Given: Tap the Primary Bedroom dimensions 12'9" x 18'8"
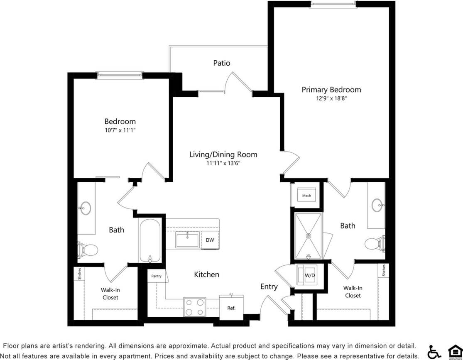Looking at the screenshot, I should click(331, 99).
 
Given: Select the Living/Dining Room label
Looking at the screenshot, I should click(223, 154).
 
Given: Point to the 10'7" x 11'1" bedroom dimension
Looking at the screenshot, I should click(120, 130).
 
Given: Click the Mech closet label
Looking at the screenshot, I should click(306, 196).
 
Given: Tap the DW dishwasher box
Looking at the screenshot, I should click(210, 240).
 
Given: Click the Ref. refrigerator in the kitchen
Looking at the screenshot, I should click(231, 308).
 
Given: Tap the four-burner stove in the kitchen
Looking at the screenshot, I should click(195, 308).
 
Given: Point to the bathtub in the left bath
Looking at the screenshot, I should click(150, 241).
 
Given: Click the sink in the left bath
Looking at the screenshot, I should click(85, 208).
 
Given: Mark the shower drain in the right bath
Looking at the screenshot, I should click(309, 236).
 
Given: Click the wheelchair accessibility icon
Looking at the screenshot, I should click(434, 352).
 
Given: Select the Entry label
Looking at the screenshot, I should click(269, 287).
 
